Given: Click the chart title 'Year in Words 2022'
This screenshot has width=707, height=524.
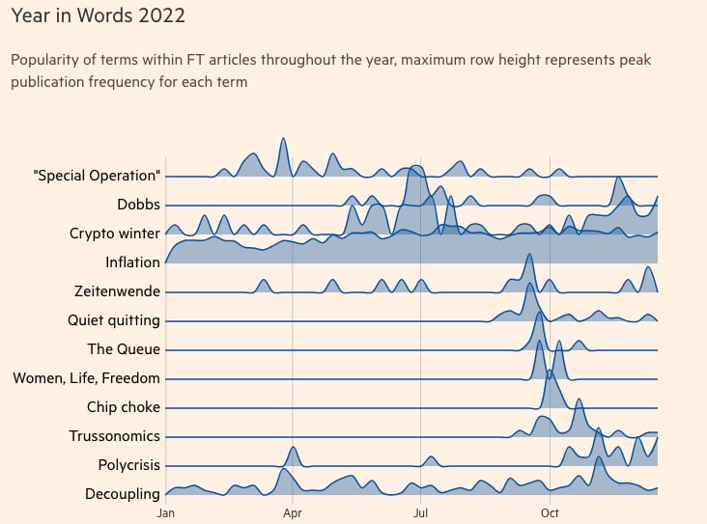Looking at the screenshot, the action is [98, 15].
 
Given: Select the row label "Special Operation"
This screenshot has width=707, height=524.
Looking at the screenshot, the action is [97, 176].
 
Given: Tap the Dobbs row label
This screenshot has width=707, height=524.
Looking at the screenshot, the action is [138, 205].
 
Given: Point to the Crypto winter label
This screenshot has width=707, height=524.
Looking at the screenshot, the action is [115, 234].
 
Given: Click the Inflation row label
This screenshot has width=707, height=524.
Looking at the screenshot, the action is [132, 262].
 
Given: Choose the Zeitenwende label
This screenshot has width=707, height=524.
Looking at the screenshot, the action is [117, 291].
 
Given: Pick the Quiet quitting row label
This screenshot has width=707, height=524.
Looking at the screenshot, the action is [114, 320].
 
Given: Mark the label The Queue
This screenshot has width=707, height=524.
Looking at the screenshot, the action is [124, 349].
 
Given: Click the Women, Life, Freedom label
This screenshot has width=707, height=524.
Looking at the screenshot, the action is [87, 378].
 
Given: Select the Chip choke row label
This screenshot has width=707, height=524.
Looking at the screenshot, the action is [124, 407].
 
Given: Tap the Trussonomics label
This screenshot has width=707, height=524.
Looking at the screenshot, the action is [115, 436].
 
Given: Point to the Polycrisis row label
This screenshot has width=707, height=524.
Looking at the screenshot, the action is [129, 465].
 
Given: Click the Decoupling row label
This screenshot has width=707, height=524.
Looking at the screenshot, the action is [123, 494].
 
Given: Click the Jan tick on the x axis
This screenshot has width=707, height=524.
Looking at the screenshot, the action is [166, 513].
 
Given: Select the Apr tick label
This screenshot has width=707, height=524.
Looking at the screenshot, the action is [293, 513].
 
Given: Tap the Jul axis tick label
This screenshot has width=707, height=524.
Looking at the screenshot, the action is [420, 513].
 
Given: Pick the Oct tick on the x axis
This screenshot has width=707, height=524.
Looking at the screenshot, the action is [550, 513].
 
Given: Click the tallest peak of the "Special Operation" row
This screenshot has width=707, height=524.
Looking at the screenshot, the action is [283, 138].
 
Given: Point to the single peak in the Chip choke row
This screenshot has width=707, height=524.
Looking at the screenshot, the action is [550, 371].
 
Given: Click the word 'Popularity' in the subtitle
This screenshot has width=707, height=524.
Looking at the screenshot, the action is [44, 60].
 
